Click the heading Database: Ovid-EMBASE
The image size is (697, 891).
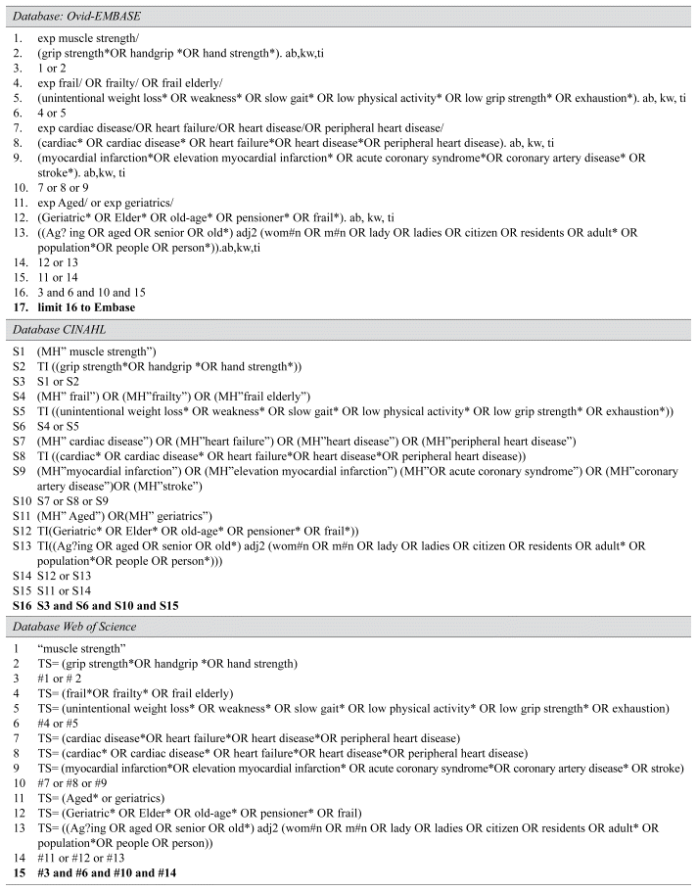(x=68, y=13)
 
